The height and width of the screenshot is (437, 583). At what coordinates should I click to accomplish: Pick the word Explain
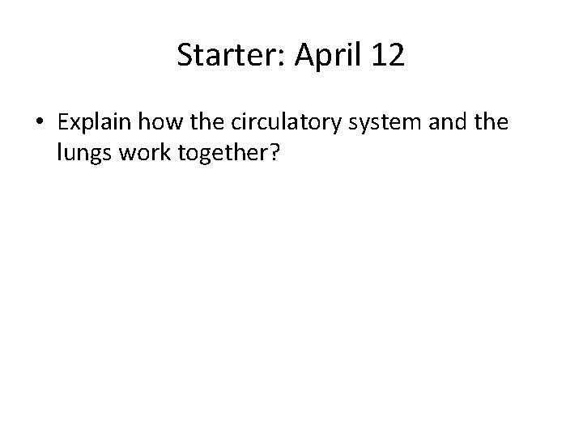pyautogui.click(x=94, y=123)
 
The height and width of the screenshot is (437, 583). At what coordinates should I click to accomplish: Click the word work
pyautogui.click(x=143, y=154)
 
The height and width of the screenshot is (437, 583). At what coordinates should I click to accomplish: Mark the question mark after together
pyautogui.click(x=274, y=154)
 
